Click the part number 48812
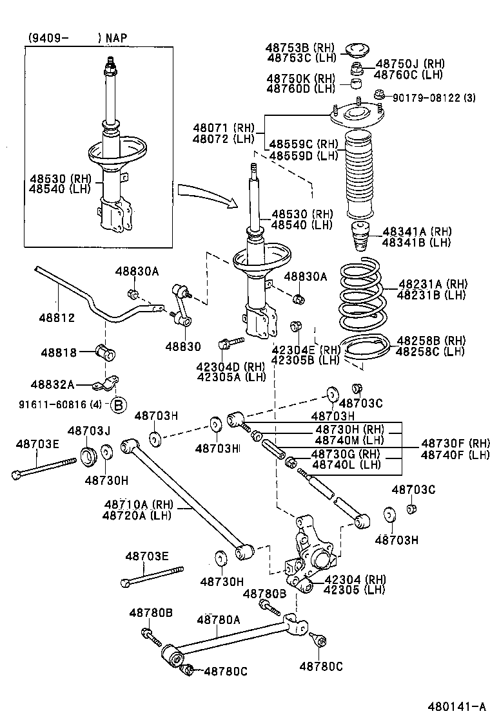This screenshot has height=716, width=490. [57, 317]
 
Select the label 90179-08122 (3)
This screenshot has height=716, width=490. [434, 98]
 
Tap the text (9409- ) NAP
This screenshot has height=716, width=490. [77, 38]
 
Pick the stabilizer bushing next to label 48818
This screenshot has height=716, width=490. [104, 353]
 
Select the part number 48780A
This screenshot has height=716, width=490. [219, 619]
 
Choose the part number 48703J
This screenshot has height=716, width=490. [89, 430]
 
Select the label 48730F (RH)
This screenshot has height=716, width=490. [455, 443]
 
